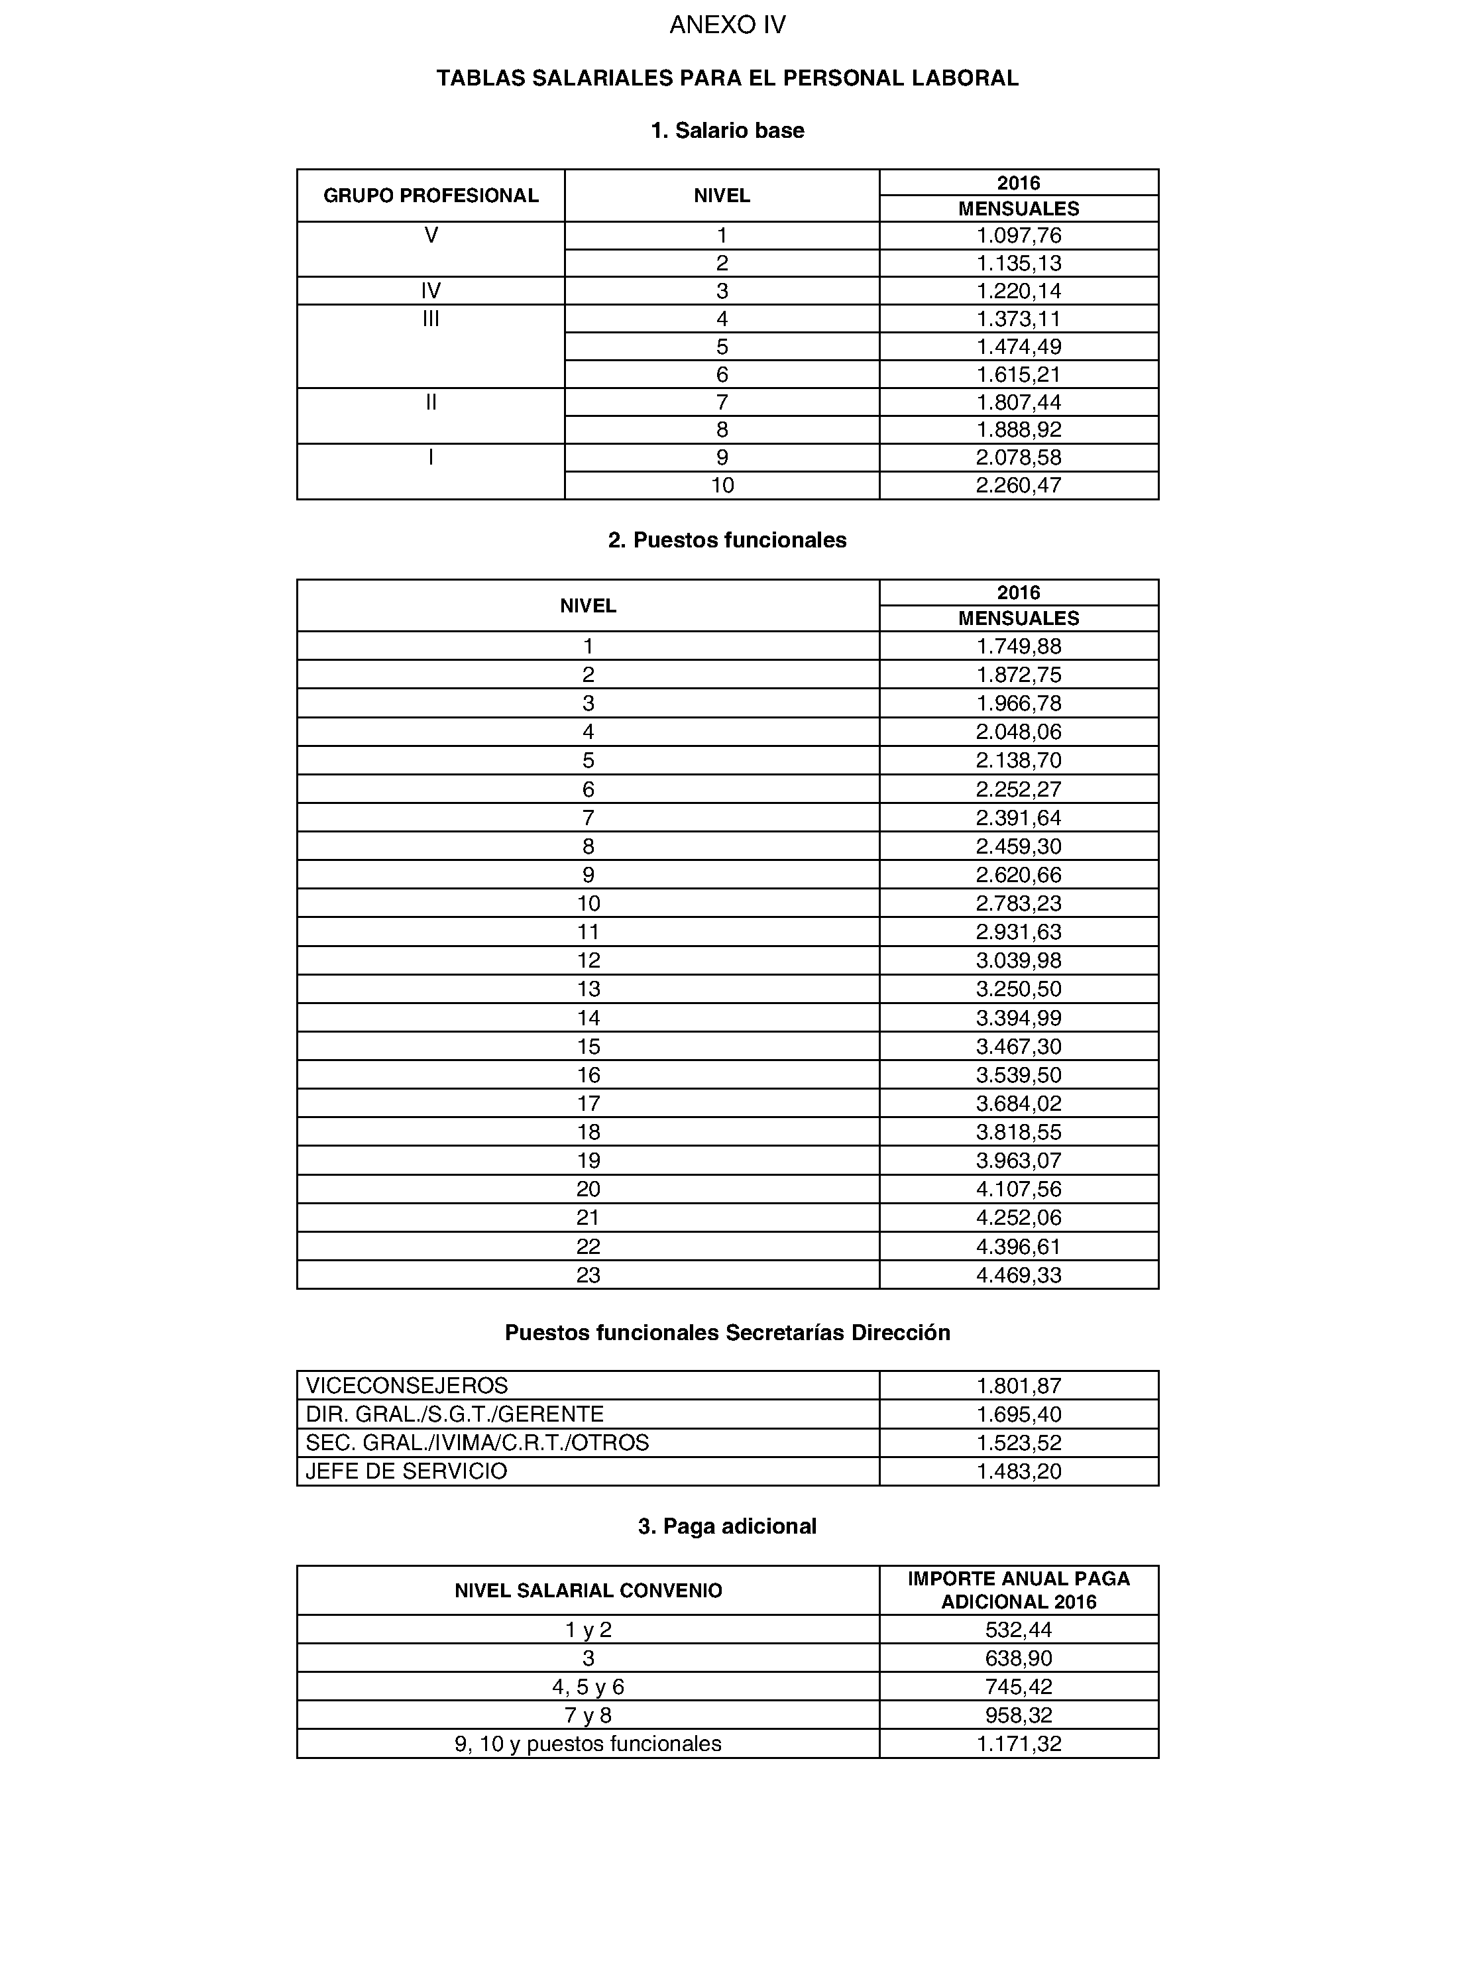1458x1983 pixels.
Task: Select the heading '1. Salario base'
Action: coord(727,131)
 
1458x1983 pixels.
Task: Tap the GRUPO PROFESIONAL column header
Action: coord(431,196)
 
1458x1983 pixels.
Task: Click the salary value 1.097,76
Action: coord(1019,236)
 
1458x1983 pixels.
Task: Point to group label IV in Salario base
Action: coord(431,291)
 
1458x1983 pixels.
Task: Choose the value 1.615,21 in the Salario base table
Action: coord(1019,374)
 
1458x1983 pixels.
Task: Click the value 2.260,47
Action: coord(1019,485)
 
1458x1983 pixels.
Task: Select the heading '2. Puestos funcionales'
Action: coord(727,540)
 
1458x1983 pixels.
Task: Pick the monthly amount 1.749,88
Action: coord(1019,646)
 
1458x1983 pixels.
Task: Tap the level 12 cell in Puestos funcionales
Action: coord(589,960)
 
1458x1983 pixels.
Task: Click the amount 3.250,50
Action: coord(1019,988)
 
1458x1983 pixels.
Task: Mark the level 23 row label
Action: coord(589,1275)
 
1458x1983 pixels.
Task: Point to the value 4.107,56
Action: coord(1019,1189)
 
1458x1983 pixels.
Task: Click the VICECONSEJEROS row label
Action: coord(407,1386)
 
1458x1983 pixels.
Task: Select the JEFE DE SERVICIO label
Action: coord(407,1471)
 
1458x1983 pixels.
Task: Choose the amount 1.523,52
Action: coord(1019,1443)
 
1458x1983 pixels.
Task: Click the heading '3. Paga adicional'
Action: coord(727,1526)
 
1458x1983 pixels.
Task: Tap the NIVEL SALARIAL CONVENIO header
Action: coord(589,1590)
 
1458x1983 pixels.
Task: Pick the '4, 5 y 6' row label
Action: coord(589,1687)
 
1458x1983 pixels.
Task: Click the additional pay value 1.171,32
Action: coord(1019,1744)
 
